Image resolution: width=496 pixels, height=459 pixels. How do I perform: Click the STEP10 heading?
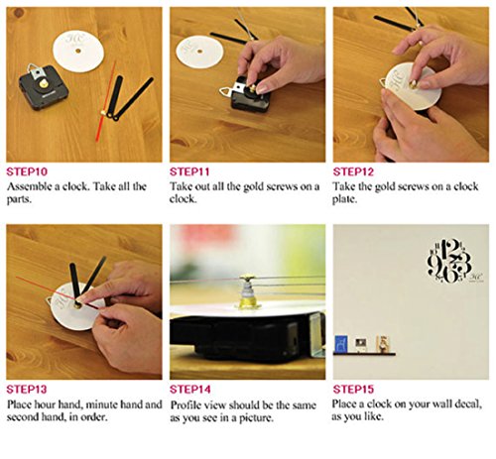[27, 172]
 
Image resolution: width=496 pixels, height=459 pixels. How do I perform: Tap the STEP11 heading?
[189, 172]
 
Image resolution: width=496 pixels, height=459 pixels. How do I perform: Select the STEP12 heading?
[353, 172]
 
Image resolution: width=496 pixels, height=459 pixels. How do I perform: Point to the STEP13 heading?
[27, 390]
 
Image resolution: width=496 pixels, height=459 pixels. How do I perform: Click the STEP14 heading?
[190, 390]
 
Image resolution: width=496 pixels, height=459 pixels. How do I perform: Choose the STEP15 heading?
[353, 390]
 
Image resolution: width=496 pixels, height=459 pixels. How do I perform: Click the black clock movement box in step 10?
[44, 87]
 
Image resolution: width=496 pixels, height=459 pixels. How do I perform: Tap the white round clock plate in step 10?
[78, 51]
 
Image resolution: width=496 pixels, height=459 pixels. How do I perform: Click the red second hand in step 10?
[106, 101]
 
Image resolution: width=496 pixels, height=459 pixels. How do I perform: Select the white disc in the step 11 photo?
[199, 52]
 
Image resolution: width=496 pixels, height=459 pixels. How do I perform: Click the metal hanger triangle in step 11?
[226, 91]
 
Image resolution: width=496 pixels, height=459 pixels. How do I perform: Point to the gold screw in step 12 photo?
[414, 84]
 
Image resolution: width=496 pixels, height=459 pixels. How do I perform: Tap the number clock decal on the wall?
[449, 261]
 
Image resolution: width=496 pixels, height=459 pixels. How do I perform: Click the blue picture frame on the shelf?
[341, 344]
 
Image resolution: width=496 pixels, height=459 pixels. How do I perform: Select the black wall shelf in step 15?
[364, 354]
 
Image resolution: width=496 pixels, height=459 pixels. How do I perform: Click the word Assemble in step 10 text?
[29, 186]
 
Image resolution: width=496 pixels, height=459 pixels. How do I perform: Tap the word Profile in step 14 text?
[186, 404]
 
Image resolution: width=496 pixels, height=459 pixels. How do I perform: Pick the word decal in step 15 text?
[467, 403]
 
